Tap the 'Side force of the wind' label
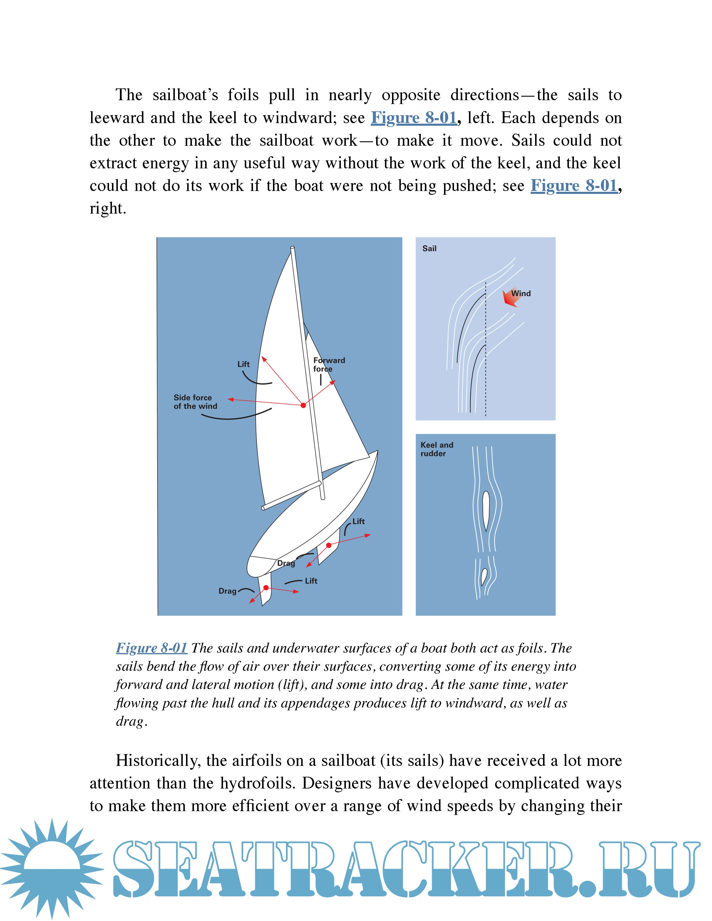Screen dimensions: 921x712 (x=195, y=402)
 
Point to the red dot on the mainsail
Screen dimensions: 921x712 (x=303, y=405)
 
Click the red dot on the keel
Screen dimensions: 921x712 (x=329, y=545)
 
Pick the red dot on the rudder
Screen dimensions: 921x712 (x=266, y=588)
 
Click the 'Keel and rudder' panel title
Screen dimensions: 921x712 (x=437, y=449)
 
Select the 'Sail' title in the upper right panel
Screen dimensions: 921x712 (x=429, y=248)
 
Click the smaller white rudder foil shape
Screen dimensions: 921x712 (x=484, y=577)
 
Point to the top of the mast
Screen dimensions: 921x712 (x=292, y=248)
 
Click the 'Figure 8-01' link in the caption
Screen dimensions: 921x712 (x=151, y=648)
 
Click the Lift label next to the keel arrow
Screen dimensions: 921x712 (x=358, y=522)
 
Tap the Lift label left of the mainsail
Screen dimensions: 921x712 (x=243, y=364)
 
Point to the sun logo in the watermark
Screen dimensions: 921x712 (x=53, y=869)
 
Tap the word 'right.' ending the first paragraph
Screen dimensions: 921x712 (x=108, y=208)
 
